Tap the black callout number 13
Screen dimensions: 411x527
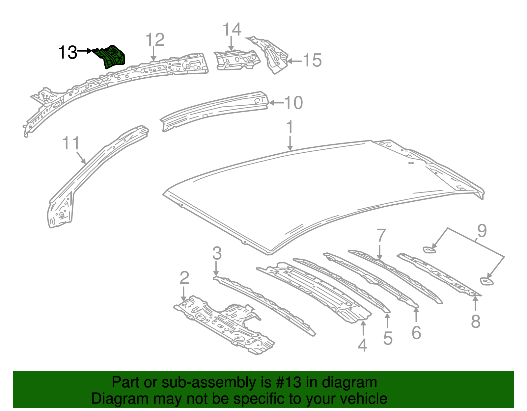pyautogui.click(x=68, y=52)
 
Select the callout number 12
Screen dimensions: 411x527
pyautogui.click(x=155, y=40)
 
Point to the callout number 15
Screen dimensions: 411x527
pyautogui.click(x=312, y=61)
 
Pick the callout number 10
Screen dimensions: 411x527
pyautogui.click(x=293, y=103)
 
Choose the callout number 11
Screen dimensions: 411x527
pyautogui.click(x=71, y=143)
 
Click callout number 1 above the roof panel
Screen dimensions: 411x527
pyautogui.click(x=290, y=128)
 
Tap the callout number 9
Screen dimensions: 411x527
pyautogui.click(x=482, y=231)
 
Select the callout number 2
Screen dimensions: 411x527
pyautogui.click(x=184, y=278)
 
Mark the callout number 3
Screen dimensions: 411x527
pyautogui.click(x=217, y=253)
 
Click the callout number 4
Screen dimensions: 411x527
pyautogui.click(x=362, y=345)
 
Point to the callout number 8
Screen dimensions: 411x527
pyautogui.click(x=475, y=321)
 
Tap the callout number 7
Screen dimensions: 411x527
pyautogui.click(x=380, y=236)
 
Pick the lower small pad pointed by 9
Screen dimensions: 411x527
pyautogui.click(x=486, y=281)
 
